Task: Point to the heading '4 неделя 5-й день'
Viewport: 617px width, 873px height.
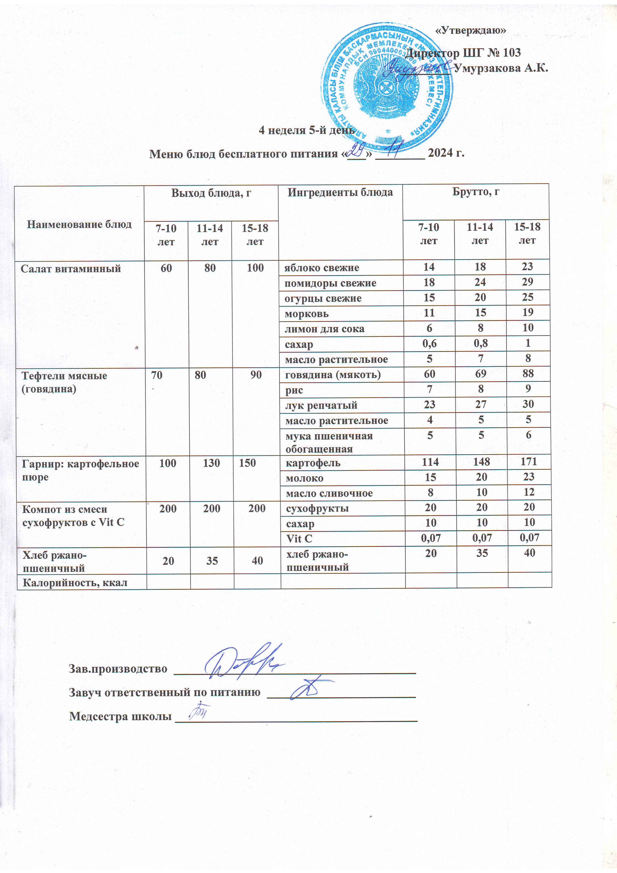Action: tap(307, 130)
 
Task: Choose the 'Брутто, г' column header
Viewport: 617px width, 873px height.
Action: tap(476, 192)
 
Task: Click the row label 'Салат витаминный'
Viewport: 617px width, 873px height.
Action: tap(71, 269)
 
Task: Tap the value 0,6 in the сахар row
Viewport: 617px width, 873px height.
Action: tap(429, 344)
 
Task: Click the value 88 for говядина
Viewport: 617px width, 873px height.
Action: tap(528, 374)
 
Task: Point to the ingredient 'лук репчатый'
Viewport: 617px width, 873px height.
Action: tap(321, 405)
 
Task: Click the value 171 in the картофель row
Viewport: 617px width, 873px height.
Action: tap(528, 462)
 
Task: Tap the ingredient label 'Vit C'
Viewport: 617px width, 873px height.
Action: tap(299, 539)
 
